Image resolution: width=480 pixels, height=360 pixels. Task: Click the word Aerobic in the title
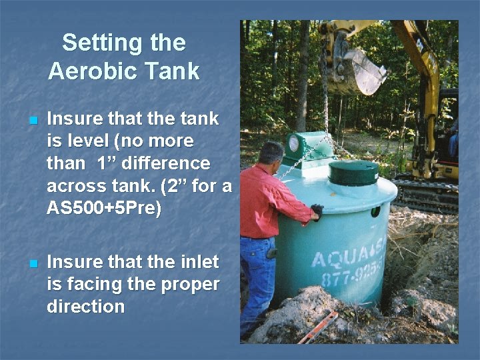click(x=89, y=71)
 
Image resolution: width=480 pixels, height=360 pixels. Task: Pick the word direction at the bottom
click(x=86, y=307)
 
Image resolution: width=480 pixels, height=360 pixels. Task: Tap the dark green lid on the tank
click(x=353, y=173)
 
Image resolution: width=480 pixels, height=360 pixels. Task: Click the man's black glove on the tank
click(x=317, y=212)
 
